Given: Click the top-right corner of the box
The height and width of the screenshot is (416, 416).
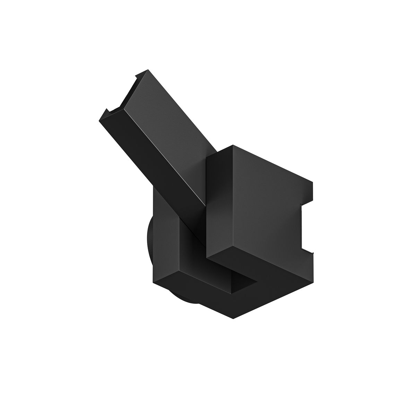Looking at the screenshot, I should [313, 182].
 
